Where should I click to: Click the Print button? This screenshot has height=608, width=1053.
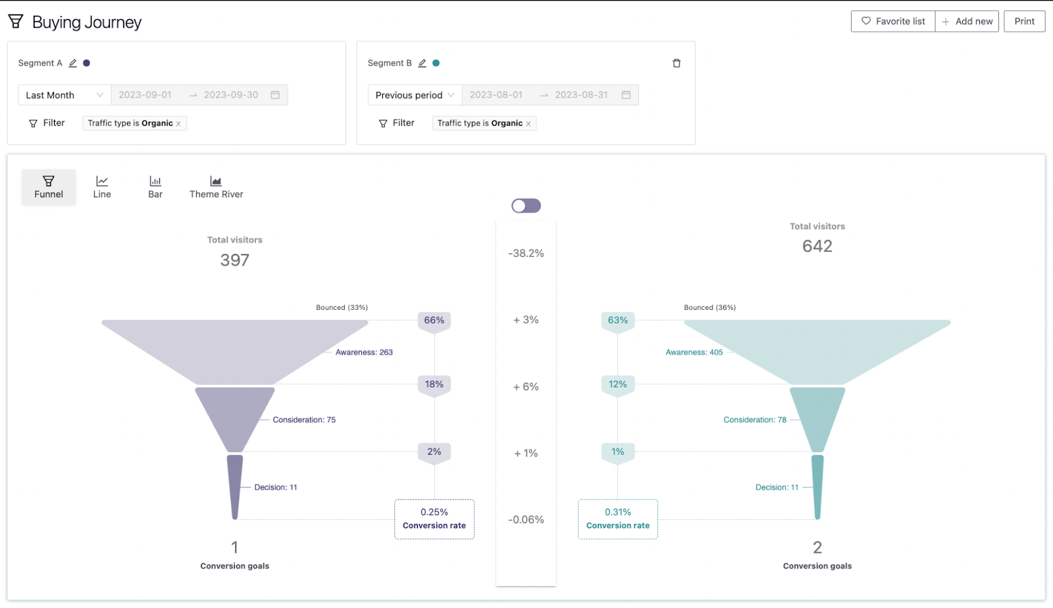1024,21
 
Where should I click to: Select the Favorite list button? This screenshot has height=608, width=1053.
893,21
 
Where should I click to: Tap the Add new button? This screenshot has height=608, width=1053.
967,21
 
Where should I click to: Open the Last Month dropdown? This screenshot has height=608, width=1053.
64,95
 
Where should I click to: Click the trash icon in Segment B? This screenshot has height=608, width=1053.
677,63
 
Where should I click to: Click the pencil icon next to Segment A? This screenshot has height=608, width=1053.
73,63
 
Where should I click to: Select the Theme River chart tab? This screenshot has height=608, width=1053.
216,187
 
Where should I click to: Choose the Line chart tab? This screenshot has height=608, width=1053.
102,187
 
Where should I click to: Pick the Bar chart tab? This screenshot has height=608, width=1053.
155,187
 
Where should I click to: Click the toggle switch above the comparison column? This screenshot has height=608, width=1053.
526,206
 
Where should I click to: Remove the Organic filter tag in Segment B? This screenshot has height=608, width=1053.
528,124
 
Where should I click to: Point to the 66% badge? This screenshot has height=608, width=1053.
434,320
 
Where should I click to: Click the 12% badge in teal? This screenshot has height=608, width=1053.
617,384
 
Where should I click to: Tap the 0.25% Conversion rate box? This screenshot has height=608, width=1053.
434,519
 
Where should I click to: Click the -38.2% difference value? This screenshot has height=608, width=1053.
526,253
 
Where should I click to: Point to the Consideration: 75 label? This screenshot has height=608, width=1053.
304,420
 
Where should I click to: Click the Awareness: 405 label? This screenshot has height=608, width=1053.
694,353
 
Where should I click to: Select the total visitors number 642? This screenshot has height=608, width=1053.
817,246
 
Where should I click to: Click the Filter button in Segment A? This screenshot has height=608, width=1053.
47,123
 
